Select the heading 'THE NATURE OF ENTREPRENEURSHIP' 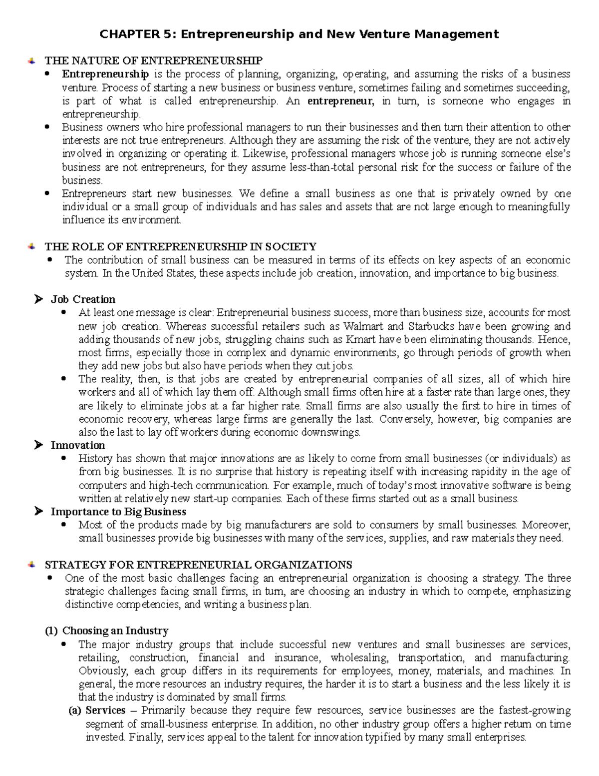[x=153, y=61]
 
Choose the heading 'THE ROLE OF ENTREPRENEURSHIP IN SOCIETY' [x=180, y=247]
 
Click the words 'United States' [x=165, y=273]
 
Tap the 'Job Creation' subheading [x=83, y=299]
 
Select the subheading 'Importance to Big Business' [x=118, y=512]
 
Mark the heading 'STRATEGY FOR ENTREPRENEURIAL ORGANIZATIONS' [x=198, y=565]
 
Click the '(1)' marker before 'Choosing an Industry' [x=51, y=631]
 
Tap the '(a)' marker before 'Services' [x=74, y=711]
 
